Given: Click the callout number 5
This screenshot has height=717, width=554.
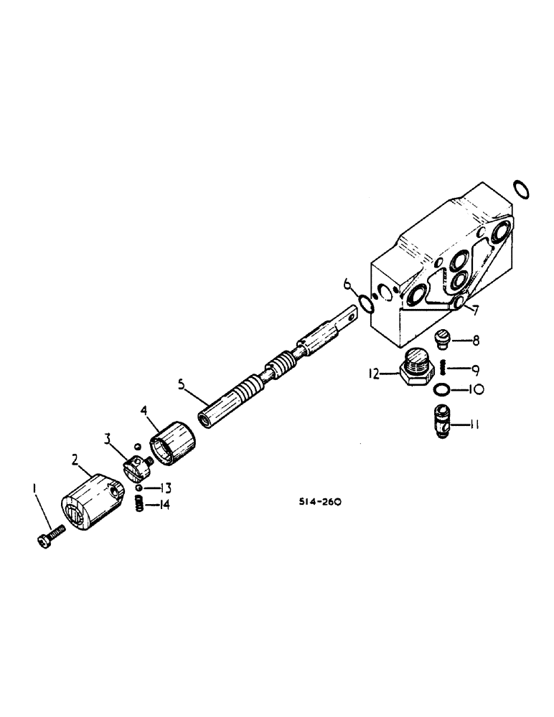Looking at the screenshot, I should [182, 384].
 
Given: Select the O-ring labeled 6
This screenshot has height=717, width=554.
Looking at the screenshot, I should [366, 305].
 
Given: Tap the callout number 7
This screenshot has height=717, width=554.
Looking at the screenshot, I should [474, 309].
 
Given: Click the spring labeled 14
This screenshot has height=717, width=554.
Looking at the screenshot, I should [141, 505].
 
